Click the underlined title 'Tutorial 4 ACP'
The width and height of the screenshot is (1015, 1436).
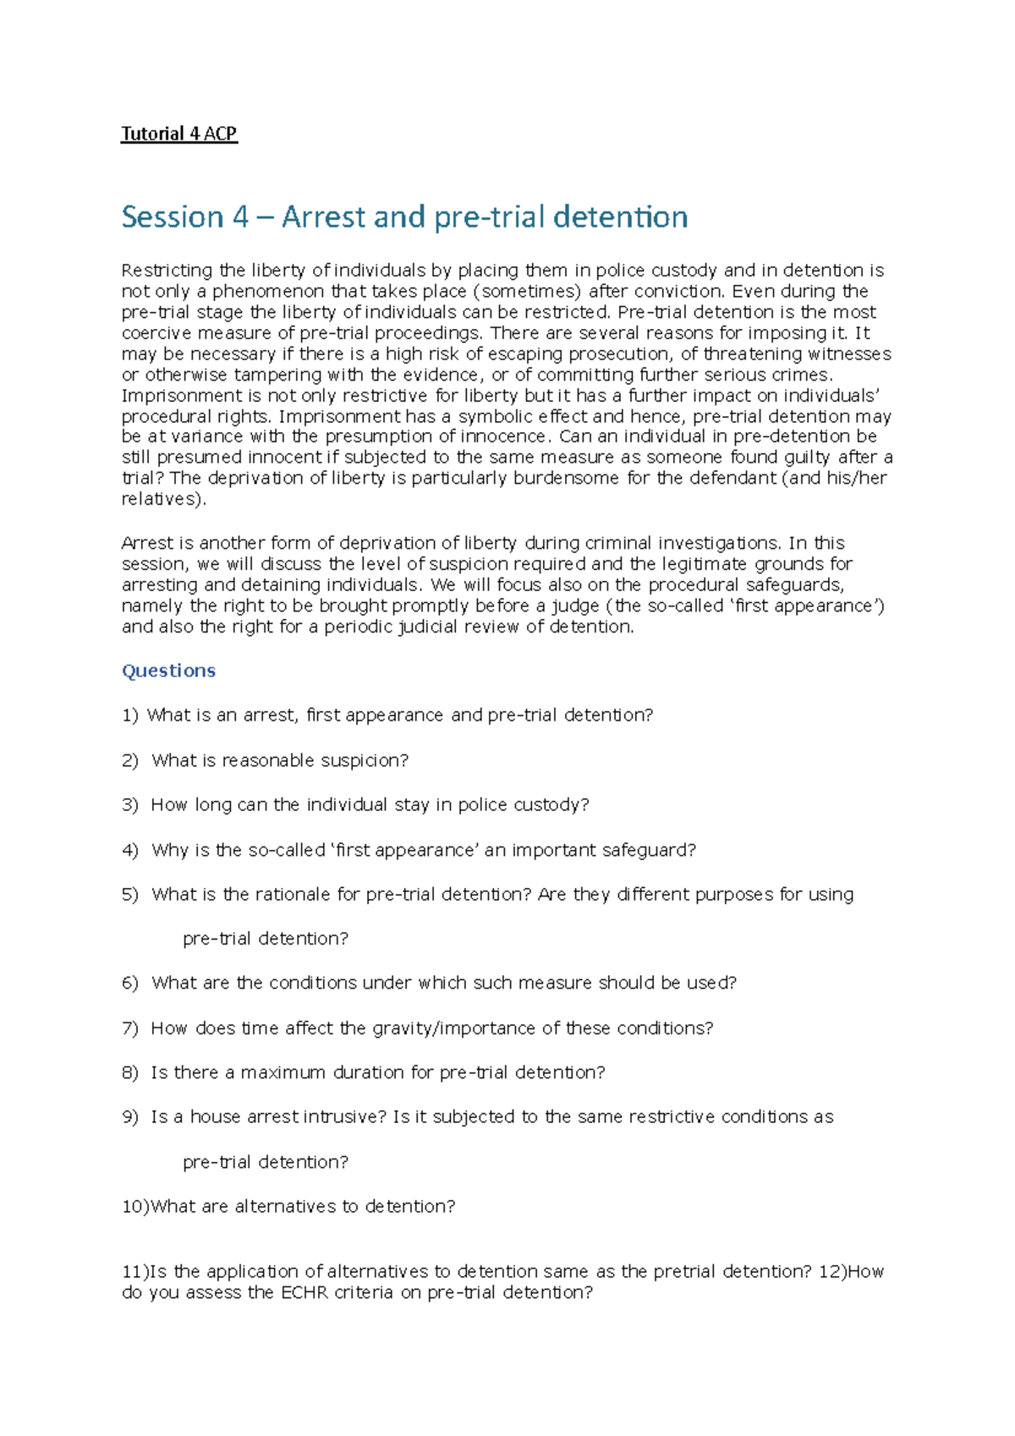tap(178, 134)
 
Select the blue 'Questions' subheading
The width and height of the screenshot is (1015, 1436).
tap(168, 671)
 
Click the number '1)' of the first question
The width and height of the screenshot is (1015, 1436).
tap(129, 715)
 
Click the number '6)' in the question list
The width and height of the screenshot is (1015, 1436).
tap(129, 984)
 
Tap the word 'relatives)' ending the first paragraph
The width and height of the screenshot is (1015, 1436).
tap(162, 499)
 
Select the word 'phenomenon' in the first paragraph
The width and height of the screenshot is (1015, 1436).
tap(268, 292)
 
